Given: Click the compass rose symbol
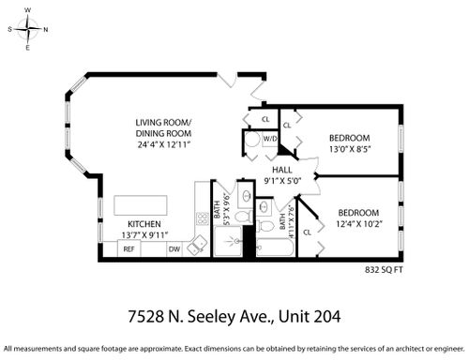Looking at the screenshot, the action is click(x=28, y=29).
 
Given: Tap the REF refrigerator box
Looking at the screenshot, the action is click(x=129, y=248).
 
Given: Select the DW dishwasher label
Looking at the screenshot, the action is click(x=174, y=249).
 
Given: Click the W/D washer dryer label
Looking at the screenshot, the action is click(x=270, y=139).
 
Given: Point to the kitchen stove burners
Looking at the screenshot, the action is click(x=203, y=218).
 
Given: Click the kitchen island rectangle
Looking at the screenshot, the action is click(x=141, y=205).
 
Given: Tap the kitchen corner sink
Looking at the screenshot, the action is click(x=197, y=246).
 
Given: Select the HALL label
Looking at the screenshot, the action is click(x=282, y=170).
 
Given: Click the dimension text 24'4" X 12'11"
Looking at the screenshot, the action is click(x=164, y=145).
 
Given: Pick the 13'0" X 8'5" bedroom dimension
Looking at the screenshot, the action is click(x=350, y=149).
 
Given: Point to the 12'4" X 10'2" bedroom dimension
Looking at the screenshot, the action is click(x=359, y=224).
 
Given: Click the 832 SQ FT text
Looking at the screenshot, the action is click(x=384, y=270).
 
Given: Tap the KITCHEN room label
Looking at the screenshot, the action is click(x=144, y=224).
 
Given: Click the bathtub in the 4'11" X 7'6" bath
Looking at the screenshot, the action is click(x=275, y=247).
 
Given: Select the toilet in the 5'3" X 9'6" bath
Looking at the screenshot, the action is click(x=243, y=217).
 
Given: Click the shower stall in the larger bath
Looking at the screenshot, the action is click(x=228, y=241).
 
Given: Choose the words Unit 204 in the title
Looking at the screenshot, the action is click(x=310, y=317).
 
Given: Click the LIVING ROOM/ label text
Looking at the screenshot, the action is click(x=163, y=123).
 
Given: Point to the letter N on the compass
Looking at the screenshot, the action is click(x=46, y=30).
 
